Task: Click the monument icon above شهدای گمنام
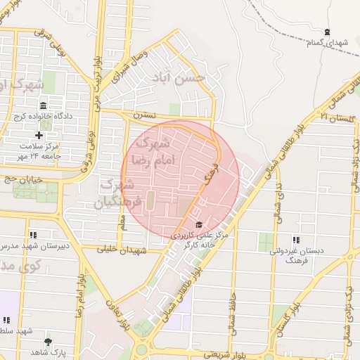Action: pyautogui.click(x=327, y=32)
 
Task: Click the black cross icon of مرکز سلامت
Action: pyautogui.click(x=39, y=134)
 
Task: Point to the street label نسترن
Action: pyautogui.click(x=141, y=112)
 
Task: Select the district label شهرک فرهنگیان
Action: pyautogui.click(x=117, y=193)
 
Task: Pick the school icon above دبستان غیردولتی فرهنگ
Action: pyautogui.click(x=295, y=240)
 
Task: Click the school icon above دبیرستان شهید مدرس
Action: pyautogui.click(x=32, y=235)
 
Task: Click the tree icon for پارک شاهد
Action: pyautogui.click(x=48, y=341)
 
